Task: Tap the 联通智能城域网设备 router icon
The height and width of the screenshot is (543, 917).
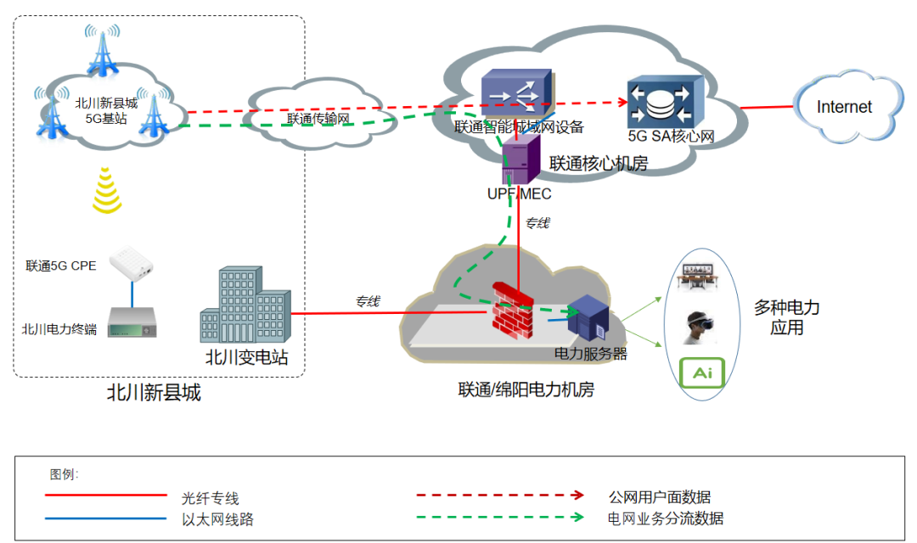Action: (515, 92)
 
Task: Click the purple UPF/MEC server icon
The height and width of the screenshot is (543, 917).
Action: (520, 160)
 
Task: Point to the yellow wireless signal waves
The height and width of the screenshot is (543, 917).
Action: (107, 190)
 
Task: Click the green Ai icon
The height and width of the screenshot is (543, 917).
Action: (702, 373)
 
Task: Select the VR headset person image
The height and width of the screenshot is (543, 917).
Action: (700, 327)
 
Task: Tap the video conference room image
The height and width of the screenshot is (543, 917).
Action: (701, 277)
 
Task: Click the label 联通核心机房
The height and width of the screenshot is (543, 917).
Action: (598, 164)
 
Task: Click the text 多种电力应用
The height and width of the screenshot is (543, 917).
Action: (786, 317)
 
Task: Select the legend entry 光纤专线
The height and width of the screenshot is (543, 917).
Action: (210, 498)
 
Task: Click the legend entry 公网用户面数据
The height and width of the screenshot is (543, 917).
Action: (659, 496)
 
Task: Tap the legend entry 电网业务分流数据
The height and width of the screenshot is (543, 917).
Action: (665, 518)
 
